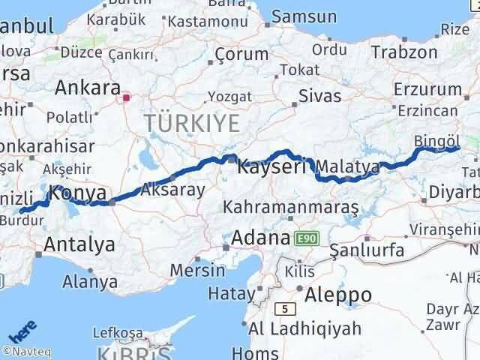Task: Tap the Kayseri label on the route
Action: tap(271, 166)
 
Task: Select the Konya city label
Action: tap(77, 193)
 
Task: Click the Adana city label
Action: tap(260, 238)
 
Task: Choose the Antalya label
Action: tap(79, 244)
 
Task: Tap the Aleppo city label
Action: tap(334, 294)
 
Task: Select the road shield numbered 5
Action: tap(284, 307)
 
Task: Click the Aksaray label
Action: tap(172, 190)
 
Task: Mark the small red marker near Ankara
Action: tap(127, 97)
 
